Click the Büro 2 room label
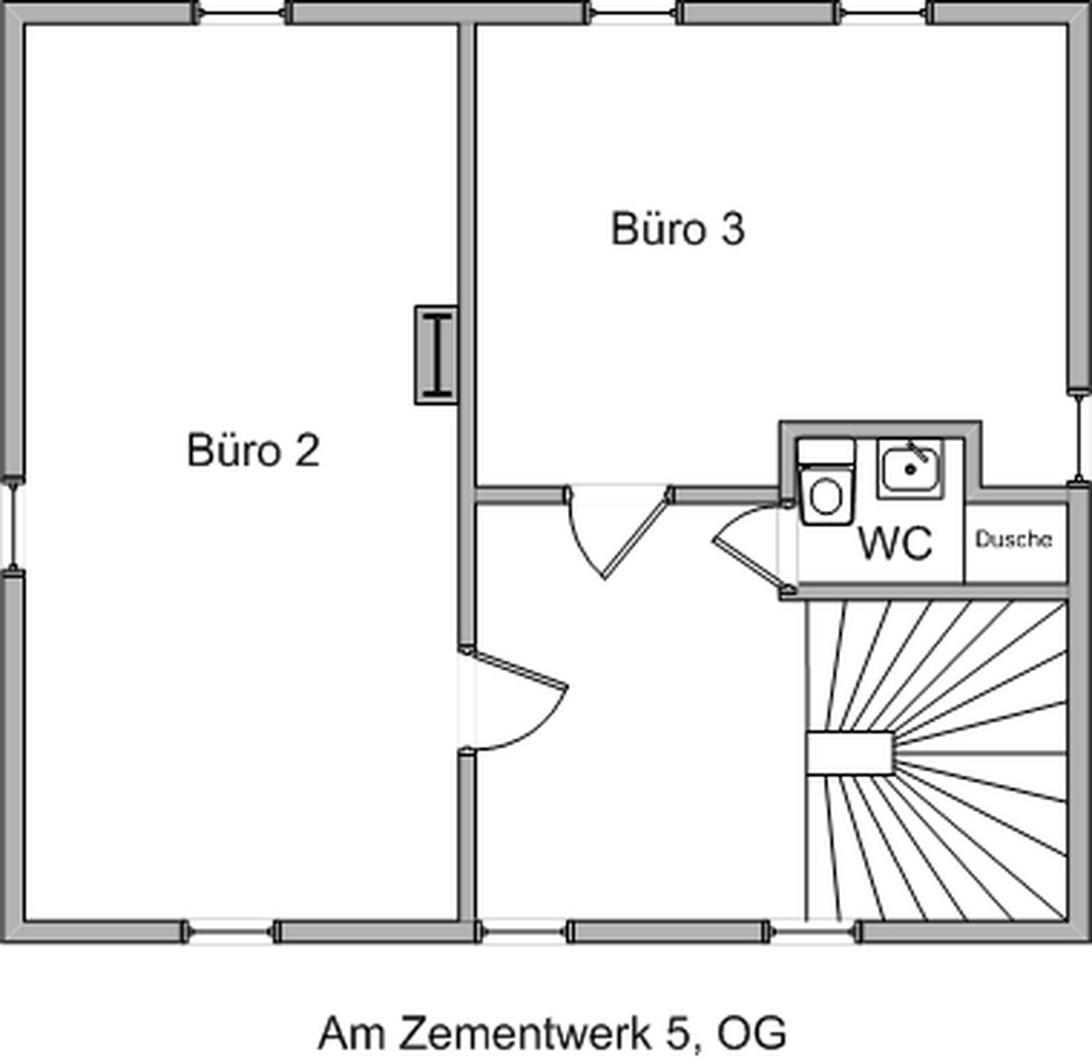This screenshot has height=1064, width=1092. point(253,451)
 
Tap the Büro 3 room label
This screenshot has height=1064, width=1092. point(677,229)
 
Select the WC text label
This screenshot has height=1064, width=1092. point(895,543)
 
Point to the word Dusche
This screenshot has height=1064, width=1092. point(1013,540)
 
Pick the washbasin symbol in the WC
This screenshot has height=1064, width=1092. point(910,468)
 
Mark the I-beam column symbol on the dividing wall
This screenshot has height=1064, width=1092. point(436,355)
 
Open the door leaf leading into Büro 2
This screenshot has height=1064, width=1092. point(514,667)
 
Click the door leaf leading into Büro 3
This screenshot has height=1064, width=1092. point(636,533)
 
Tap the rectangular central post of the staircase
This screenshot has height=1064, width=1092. point(849,754)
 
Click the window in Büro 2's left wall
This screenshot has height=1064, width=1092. point(12,524)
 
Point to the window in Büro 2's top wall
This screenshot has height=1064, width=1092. point(242,13)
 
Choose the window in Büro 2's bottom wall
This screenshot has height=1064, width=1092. point(229,931)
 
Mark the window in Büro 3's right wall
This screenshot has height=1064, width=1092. point(1079,438)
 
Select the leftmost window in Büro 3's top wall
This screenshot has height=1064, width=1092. point(633,13)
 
